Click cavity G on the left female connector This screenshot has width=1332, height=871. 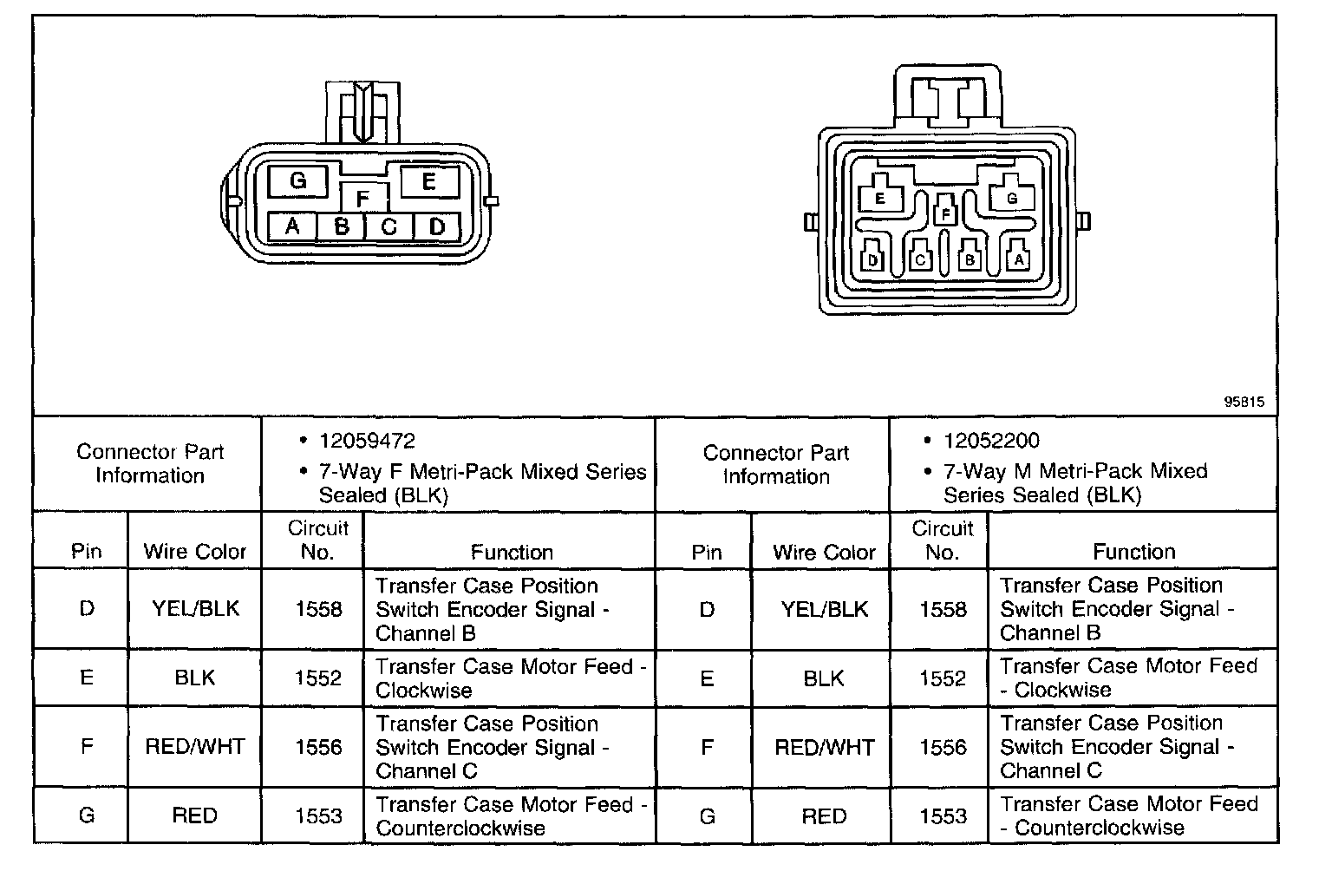click(x=297, y=181)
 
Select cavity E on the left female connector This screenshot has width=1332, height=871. click(x=428, y=182)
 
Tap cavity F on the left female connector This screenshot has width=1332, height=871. click(x=362, y=199)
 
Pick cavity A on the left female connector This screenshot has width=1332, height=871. click(x=292, y=226)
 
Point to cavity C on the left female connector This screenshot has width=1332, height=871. click(x=389, y=226)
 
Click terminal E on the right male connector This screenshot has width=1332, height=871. click(x=879, y=197)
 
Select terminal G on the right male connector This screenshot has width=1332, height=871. click(x=1011, y=197)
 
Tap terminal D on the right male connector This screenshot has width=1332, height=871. click(x=872, y=259)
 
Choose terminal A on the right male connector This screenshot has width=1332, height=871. click(x=1019, y=259)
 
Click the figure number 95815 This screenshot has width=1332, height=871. click(x=1244, y=402)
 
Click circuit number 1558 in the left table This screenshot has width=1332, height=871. click(x=318, y=609)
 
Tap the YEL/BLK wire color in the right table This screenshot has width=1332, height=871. click(x=824, y=609)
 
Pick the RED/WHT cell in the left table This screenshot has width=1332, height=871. click(x=195, y=747)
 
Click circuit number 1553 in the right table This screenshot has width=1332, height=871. click(x=943, y=815)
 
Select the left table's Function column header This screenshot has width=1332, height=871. click(x=512, y=552)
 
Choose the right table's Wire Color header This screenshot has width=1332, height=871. click(x=824, y=552)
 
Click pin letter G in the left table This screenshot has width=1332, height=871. click(x=87, y=815)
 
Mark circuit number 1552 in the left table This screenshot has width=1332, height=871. click(x=318, y=678)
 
